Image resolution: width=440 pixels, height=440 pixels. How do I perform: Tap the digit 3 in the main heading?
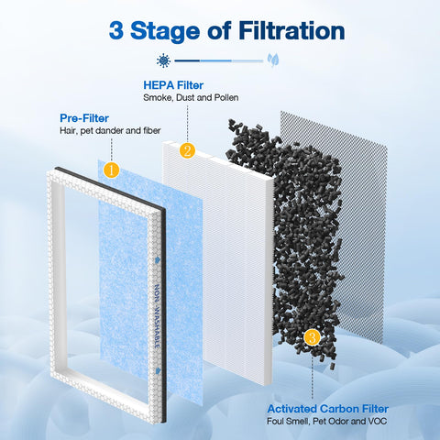(x=117, y=30)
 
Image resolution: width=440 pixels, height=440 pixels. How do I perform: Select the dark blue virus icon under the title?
(x=163, y=60)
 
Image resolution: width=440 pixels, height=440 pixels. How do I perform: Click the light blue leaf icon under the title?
(x=273, y=60)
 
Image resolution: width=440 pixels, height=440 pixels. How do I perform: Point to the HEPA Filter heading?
(x=172, y=84)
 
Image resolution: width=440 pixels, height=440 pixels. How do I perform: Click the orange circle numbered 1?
(x=111, y=170)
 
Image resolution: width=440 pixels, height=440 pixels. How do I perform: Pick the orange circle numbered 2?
(x=187, y=150)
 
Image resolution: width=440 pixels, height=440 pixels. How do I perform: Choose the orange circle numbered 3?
(x=313, y=339)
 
